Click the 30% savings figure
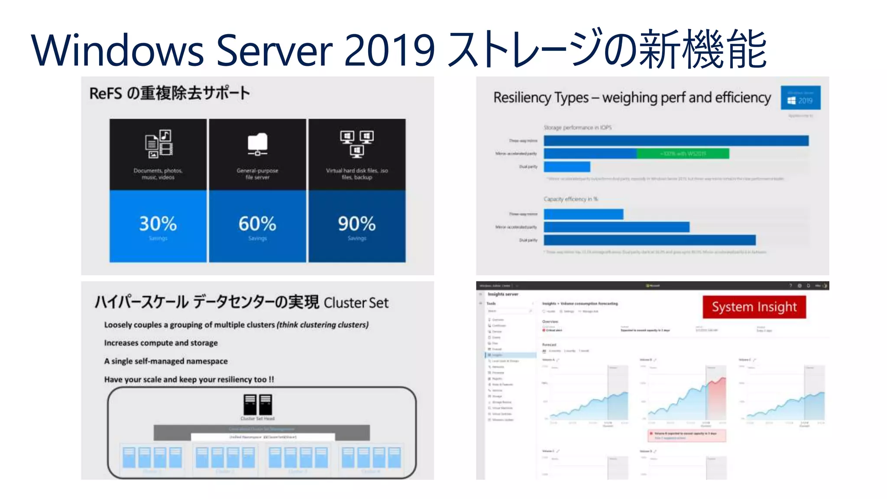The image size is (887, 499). click(x=158, y=224)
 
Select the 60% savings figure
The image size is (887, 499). click(x=257, y=224)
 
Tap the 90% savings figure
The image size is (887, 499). click(x=357, y=224)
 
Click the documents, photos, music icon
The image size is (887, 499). click(x=158, y=143)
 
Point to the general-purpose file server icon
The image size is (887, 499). click(x=257, y=144)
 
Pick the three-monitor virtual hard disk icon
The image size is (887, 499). click(x=357, y=143)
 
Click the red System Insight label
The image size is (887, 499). click(x=754, y=307)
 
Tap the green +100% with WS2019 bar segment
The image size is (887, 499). click(x=683, y=154)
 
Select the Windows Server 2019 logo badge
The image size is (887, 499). click(x=800, y=98)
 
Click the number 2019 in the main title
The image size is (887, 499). click(x=389, y=50)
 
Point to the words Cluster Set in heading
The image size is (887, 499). click(x=356, y=303)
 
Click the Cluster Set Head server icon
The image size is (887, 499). click(x=258, y=405)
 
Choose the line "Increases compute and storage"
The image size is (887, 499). click(x=161, y=343)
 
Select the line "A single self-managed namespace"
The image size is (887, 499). click(x=165, y=361)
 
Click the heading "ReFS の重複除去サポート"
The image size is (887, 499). click(x=169, y=93)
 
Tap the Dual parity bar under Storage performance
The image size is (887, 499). click(x=567, y=167)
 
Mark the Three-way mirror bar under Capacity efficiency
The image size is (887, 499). click(x=583, y=214)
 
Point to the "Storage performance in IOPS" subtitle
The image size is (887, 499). click(x=578, y=128)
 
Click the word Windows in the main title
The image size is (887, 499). click(x=117, y=50)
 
